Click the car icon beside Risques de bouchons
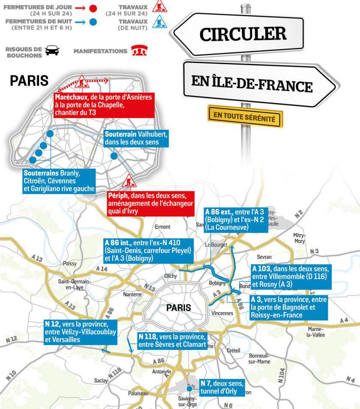(52, 51)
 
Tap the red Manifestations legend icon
(137, 51)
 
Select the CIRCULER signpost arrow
(243, 34)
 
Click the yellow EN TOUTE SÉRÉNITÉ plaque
(245, 116)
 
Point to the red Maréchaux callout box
(104, 105)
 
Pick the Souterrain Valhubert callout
(135, 138)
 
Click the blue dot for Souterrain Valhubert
(114, 156)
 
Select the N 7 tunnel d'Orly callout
(221, 388)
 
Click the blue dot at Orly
(189, 388)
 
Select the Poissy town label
(69, 264)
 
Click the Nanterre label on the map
(132, 294)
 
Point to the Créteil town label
(233, 350)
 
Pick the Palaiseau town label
(138, 393)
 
